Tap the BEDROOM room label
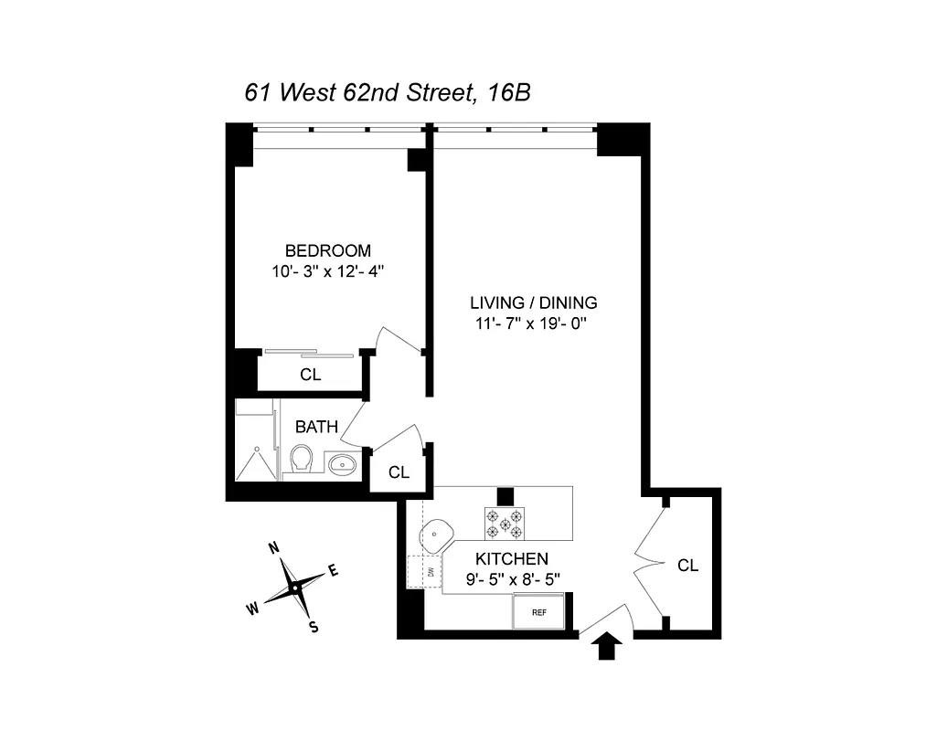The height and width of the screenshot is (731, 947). coord(328,250)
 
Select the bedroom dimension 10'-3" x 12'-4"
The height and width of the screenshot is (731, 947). coord(328,271)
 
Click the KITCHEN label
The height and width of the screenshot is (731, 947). coord(511,558)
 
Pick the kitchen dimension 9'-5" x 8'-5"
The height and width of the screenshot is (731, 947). coord(511,577)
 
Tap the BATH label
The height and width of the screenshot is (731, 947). coord(316,427)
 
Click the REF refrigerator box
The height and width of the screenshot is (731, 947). coord(538,612)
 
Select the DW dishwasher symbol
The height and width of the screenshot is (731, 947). coord(427,572)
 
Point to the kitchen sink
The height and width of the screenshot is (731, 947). coord(437,534)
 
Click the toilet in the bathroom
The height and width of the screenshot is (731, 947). coord(301,460)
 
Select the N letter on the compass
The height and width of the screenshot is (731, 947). coord(272,548)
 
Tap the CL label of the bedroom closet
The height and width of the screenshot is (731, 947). coord(311,375)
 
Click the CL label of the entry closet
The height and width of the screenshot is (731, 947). coord(687,566)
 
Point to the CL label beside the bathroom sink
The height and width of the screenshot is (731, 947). coord(398,472)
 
